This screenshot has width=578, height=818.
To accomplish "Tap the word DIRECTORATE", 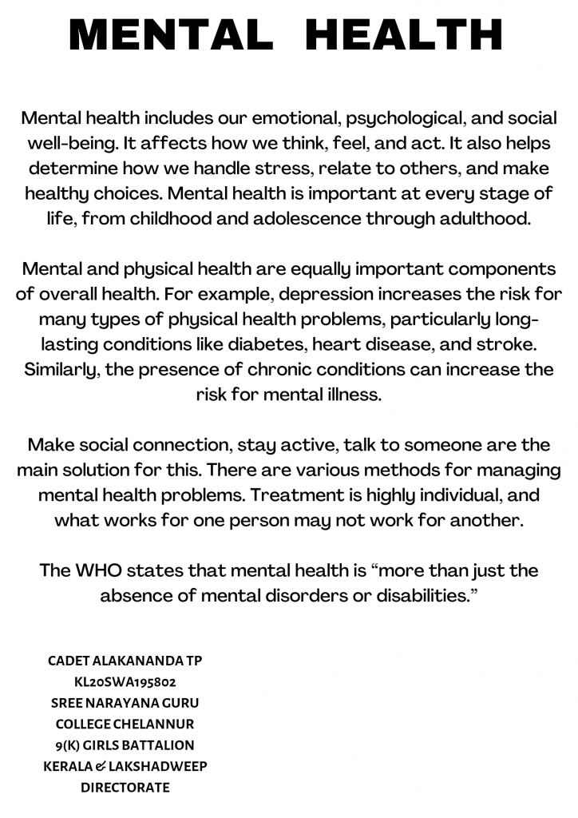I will (x=125, y=788).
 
